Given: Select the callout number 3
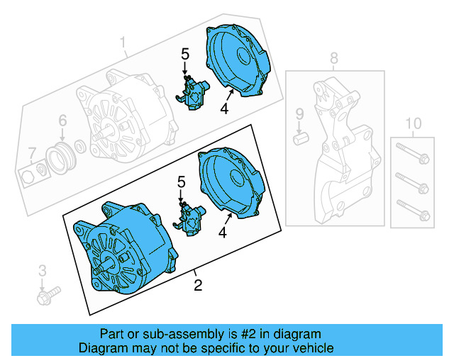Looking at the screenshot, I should click(42, 269).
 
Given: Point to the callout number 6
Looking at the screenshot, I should click(62, 120).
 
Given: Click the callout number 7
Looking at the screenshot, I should click(31, 152).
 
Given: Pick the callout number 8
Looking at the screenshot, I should click(333, 57).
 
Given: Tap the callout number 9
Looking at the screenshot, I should click(299, 113).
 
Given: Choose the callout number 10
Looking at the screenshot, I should click(412, 125).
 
